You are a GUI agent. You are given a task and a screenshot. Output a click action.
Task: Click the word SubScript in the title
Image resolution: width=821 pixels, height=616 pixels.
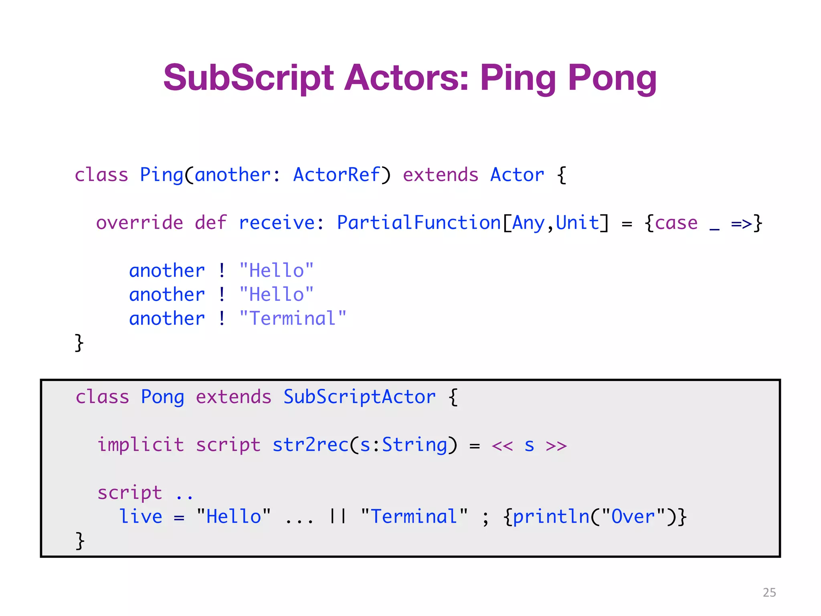248,78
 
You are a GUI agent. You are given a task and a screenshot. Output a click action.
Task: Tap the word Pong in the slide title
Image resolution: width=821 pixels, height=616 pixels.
612,78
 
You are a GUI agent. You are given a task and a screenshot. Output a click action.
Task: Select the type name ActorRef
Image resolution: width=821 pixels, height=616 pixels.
336,175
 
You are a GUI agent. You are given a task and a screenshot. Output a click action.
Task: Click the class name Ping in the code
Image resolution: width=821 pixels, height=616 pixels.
161,175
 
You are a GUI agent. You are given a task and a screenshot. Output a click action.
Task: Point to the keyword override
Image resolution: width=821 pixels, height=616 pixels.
140,223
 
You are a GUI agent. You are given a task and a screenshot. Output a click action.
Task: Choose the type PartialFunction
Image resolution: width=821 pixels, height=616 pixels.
419,223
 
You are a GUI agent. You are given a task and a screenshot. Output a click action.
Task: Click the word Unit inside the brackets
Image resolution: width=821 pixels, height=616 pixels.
577,223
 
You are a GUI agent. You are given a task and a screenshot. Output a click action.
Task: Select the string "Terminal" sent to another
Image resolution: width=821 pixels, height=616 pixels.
293,319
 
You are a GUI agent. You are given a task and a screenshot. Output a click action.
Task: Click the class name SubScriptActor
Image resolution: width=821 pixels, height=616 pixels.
359,397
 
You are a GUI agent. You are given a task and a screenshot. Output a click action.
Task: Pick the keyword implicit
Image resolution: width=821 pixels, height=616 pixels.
141,445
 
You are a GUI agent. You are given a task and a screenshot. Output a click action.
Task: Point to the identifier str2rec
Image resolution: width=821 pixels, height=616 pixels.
311,445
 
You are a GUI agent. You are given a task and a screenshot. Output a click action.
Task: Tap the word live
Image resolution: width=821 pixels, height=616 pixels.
141,517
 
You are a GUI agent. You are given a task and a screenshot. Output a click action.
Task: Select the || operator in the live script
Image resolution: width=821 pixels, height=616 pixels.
338,517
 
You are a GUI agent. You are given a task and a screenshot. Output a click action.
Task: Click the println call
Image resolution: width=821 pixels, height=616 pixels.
551,517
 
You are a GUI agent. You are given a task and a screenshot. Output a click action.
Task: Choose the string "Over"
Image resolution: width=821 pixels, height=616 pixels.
634,517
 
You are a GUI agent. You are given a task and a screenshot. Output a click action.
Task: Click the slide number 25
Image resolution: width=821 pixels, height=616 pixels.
769,592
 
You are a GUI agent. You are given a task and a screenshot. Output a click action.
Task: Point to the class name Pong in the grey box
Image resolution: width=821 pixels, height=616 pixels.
162,397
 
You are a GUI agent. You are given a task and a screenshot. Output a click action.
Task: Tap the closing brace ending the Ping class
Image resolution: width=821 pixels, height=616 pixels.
79,343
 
